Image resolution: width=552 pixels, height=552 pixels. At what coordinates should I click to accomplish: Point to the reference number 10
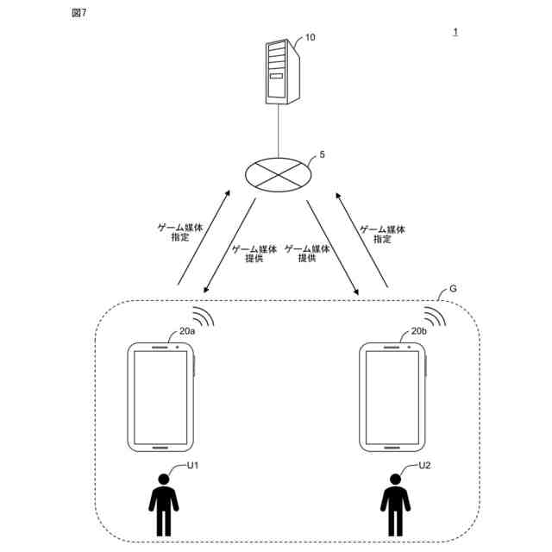[310, 39]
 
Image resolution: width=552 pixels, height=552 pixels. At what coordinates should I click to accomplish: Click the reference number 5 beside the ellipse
[322, 155]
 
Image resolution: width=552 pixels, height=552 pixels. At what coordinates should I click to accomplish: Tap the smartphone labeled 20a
[160, 397]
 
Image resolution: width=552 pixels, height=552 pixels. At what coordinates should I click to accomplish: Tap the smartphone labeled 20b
[394, 397]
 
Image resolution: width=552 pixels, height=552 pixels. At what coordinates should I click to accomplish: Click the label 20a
[188, 330]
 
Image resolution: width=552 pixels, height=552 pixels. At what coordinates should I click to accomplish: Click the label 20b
[420, 330]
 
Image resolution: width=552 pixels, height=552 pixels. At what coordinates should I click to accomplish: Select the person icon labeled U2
[395, 505]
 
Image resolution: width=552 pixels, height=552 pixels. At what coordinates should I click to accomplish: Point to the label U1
[193, 466]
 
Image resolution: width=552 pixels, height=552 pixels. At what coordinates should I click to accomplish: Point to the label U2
[424, 466]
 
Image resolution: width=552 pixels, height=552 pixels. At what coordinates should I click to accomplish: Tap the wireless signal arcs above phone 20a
[203, 316]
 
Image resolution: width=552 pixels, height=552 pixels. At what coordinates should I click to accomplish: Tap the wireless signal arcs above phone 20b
[435, 316]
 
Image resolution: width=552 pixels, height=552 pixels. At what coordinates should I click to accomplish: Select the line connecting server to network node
[279, 129]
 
